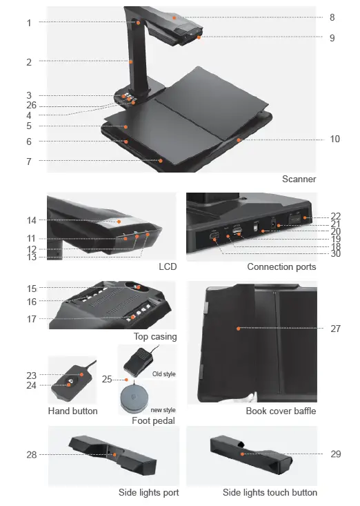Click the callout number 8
332,17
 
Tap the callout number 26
32,106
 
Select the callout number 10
334,139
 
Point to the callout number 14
32,220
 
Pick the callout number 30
335,253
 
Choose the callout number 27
335,329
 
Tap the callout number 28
32,454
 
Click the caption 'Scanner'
299,179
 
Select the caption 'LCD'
168,266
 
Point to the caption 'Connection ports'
281,266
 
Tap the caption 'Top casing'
155,337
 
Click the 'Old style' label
163,373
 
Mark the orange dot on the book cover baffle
238,329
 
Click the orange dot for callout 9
199,38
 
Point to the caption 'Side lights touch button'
270,492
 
